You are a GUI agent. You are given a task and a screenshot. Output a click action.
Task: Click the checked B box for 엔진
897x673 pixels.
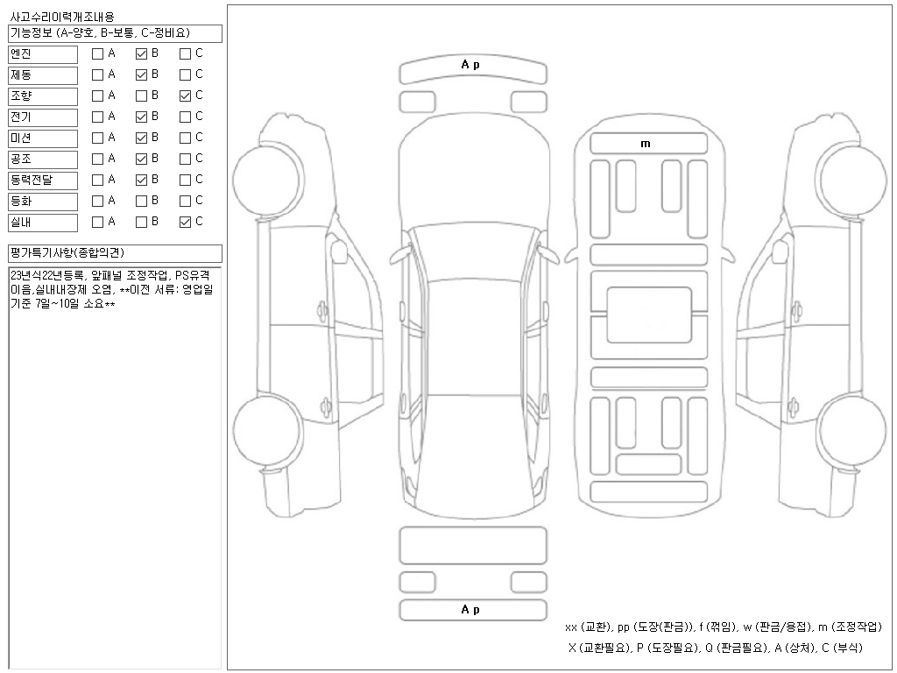[x=141, y=53]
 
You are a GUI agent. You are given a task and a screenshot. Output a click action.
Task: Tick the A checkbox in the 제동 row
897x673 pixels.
[x=98, y=74]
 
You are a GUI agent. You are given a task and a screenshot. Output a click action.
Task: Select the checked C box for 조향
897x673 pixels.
[x=185, y=96]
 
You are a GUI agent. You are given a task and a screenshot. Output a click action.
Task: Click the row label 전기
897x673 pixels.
[x=20, y=117]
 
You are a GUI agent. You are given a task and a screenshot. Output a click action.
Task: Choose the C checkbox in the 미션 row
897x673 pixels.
[x=185, y=138]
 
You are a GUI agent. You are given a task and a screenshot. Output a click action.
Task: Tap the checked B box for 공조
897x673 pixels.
[x=141, y=159]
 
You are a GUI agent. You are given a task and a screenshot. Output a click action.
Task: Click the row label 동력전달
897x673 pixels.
[x=32, y=180]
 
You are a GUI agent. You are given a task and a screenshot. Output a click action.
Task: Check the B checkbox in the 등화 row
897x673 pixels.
[x=141, y=201]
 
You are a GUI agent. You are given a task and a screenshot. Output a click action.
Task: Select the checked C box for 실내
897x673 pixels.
[x=185, y=222]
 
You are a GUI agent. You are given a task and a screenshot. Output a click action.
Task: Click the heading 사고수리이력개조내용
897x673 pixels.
[x=61, y=18]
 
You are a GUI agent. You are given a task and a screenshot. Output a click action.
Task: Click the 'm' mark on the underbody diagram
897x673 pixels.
[x=646, y=144]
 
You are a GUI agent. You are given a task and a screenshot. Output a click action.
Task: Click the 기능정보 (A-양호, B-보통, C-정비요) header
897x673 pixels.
[x=101, y=33]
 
